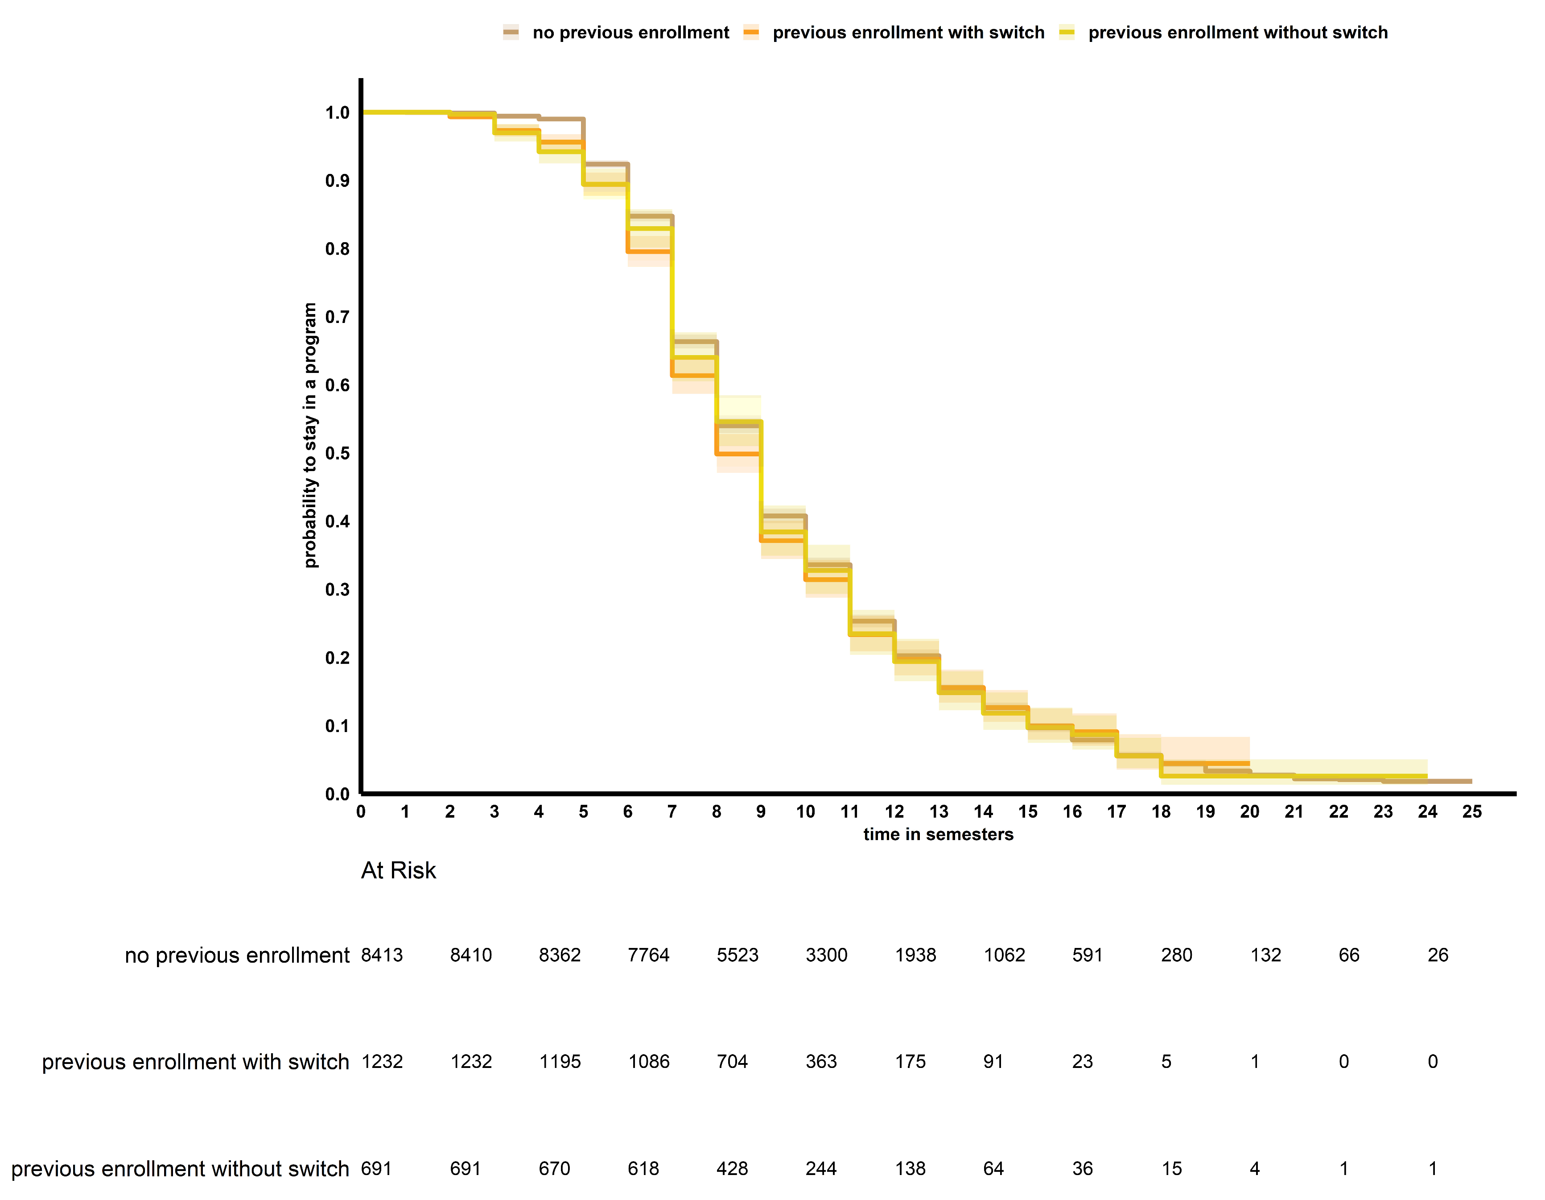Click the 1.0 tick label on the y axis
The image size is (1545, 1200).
338,112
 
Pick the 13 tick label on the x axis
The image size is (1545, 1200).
938,811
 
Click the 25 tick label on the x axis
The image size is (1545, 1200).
1471,811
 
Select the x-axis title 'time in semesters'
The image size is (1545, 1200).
938,834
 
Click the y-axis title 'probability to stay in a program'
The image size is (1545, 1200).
310,435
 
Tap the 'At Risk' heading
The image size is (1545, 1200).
398,870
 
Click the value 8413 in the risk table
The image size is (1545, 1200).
382,955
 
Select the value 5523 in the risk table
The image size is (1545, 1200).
737,955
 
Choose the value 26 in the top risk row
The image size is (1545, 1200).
1438,955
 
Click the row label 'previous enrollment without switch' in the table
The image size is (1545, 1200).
181,1168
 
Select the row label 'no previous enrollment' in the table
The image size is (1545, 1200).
237,955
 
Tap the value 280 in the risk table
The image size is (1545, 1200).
1176,955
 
